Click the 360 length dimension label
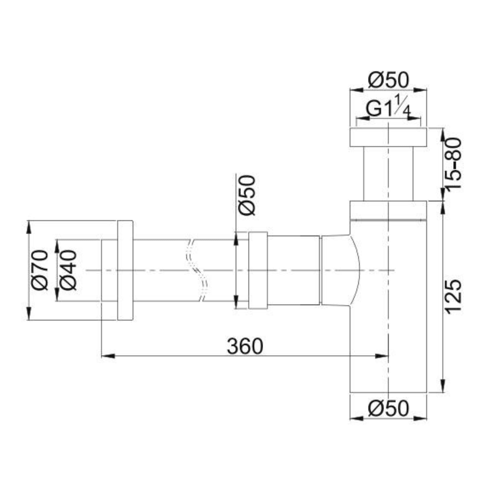245,346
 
